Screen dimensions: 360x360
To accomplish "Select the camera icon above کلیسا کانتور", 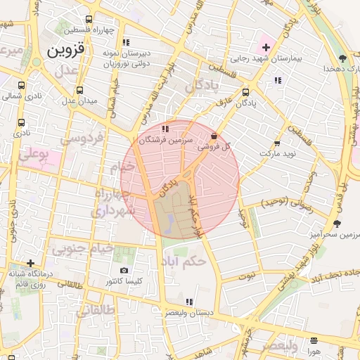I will coord(124,270).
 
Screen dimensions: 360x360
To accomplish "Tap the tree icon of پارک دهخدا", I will coord(342,58).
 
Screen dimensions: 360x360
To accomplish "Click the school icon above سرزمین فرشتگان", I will coord(165,129).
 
